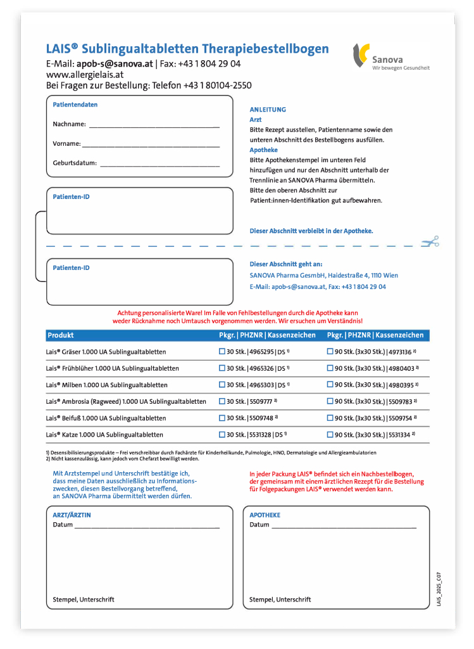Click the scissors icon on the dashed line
(x=431, y=241)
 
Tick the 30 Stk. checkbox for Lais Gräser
(x=222, y=351)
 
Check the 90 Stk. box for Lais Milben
(x=330, y=385)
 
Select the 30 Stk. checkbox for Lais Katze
(x=222, y=435)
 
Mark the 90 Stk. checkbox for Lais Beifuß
(x=330, y=418)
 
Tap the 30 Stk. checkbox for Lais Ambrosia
(x=222, y=401)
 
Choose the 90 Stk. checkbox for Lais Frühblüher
(x=330, y=368)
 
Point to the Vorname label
(x=66, y=144)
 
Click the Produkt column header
(x=61, y=335)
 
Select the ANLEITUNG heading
(x=268, y=110)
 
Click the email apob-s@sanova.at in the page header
(x=115, y=64)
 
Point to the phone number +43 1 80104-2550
(x=217, y=86)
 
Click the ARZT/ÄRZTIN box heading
(x=72, y=515)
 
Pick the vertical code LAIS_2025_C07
(x=439, y=589)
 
